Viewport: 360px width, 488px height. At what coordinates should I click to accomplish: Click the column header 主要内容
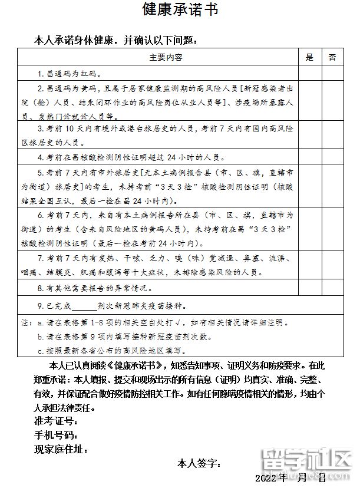pyautogui.click(x=166, y=57)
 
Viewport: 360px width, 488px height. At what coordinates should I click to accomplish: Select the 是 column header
pyautogui.click(x=309, y=57)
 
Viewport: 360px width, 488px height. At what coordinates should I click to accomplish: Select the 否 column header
pyautogui.click(x=332, y=57)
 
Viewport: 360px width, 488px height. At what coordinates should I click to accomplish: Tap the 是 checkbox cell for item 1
pyautogui.click(x=309, y=74)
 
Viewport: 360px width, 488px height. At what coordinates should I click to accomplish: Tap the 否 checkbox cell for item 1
pyautogui.click(x=332, y=74)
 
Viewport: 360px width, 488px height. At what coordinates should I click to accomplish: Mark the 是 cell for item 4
pyautogui.click(x=309, y=157)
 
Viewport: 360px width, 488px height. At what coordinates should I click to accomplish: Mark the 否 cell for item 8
pyautogui.click(x=332, y=288)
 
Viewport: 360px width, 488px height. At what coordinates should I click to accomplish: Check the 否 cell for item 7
pyautogui.click(x=332, y=266)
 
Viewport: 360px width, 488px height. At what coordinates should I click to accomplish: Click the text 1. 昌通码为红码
pyautogui.click(x=70, y=74)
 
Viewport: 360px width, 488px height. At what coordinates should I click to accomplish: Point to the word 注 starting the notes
pyautogui.click(x=25, y=323)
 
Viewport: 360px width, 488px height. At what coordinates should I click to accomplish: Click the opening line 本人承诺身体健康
pyautogui.click(x=115, y=41)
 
